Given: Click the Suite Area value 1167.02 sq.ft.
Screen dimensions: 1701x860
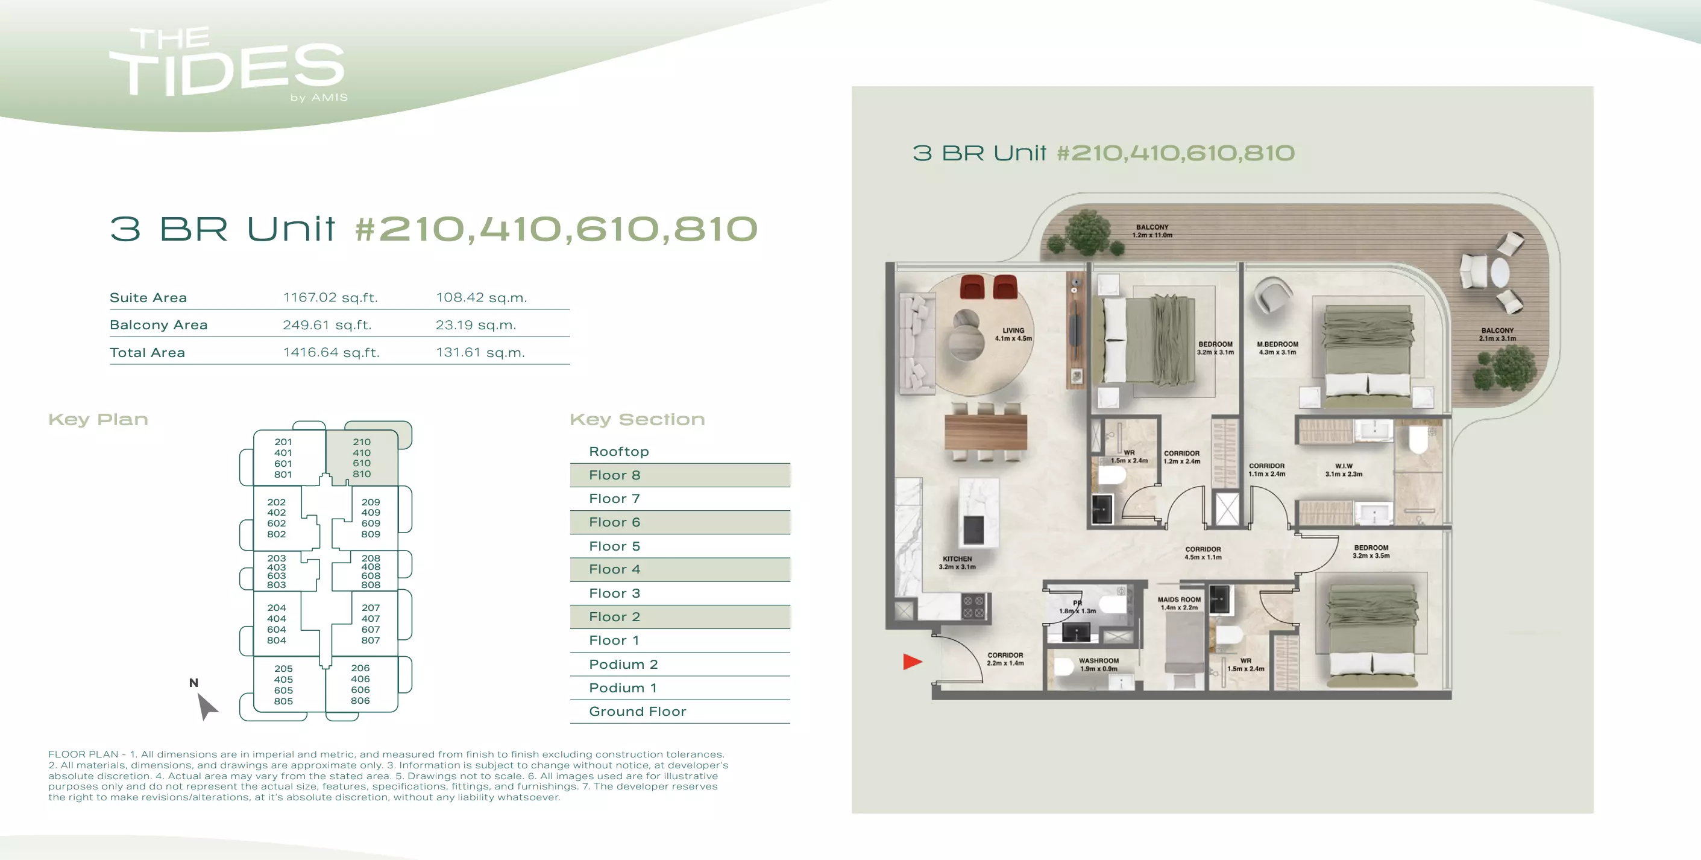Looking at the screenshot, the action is [x=330, y=297].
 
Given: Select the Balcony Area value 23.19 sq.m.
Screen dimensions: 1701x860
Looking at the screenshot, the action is [x=476, y=325].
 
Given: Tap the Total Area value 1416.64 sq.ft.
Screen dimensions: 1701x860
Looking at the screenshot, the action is [x=331, y=352].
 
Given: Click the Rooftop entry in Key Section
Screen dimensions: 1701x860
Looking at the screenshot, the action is [x=618, y=452].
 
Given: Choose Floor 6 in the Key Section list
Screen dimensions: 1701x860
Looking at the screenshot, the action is [x=614, y=522].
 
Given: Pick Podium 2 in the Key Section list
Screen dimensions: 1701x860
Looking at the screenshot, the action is [x=623, y=665].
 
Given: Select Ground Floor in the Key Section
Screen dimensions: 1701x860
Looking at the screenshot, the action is [x=637, y=712].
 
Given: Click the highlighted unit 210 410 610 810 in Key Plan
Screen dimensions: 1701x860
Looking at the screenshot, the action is [x=362, y=458].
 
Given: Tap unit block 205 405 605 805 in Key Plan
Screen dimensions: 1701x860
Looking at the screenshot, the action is [x=283, y=685].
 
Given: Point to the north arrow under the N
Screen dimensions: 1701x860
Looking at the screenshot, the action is [x=207, y=706].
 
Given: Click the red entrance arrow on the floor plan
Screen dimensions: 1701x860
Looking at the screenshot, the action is [x=912, y=661].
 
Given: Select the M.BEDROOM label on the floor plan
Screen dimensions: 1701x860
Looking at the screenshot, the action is [x=1277, y=344].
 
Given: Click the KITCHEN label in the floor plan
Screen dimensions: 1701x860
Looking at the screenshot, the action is [x=957, y=559].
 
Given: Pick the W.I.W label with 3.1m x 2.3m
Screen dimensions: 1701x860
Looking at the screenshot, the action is [x=1343, y=470].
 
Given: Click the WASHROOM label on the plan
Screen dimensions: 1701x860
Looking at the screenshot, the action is [x=1099, y=660].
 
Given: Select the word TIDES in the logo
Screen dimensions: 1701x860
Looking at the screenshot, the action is [x=227, y=70].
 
